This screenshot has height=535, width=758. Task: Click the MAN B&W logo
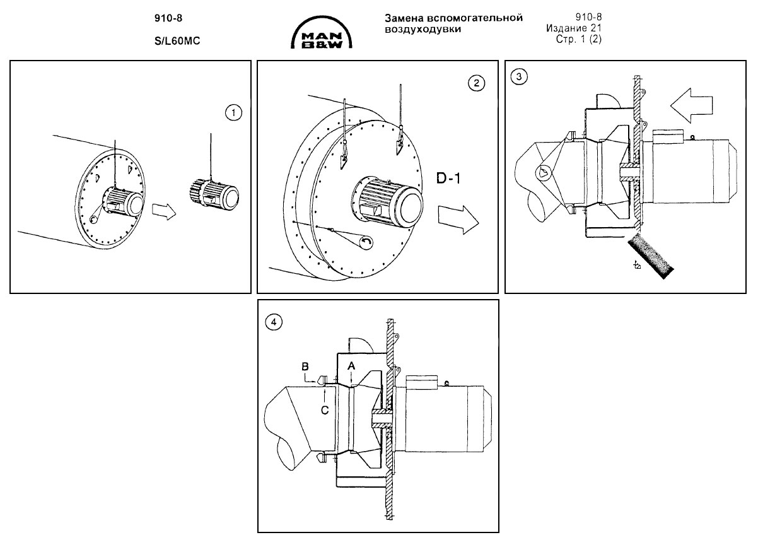[x=321, y=33]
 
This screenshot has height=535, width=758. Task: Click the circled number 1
[x=234, y=113]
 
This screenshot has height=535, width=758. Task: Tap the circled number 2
[x=477, y=83]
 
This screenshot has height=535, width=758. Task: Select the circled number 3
[x=519, y=77]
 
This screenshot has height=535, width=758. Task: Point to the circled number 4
[x=274, y=322]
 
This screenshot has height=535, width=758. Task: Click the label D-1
[x=448, y=179]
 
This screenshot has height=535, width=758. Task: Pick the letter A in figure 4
[x=352, y=366]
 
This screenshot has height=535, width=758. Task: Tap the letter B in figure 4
[x=305, y=367]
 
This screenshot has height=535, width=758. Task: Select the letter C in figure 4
[x=325, y=410]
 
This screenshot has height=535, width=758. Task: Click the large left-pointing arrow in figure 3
[x=691, y=105]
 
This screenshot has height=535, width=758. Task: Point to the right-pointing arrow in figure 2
[x=458, y=220]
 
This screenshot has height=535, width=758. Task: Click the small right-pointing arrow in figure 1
[x=164, y=211]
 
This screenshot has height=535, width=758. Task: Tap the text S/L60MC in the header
[x=177, y=41]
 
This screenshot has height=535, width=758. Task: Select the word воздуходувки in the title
[x=423, y=29]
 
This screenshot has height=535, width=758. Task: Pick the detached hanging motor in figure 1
[x=213, y=195]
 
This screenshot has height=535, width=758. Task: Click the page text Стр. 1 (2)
[x=579, y=39]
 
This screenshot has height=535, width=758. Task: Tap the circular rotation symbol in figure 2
[x=366, y=242]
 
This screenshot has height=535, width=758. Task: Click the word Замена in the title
[x=404, y=18]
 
